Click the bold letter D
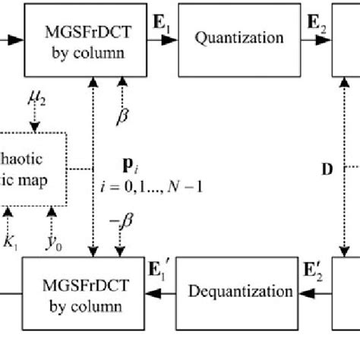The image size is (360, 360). coord(327,169)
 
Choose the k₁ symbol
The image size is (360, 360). coord(10,242)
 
